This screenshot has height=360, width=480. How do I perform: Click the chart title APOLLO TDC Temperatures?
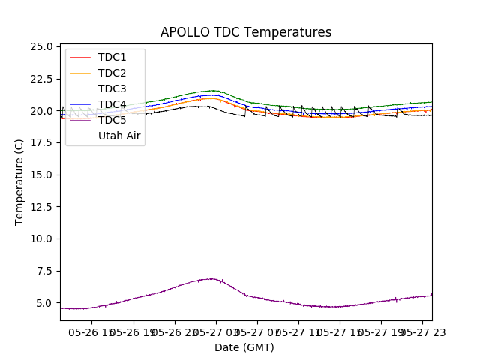click(245, 32)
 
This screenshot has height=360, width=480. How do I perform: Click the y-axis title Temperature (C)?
click(19, 182)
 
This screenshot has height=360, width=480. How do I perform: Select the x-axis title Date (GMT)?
click(244, 347)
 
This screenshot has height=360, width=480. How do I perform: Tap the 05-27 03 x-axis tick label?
click(215, 331)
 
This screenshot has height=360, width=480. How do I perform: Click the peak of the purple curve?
click(212, 279)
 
